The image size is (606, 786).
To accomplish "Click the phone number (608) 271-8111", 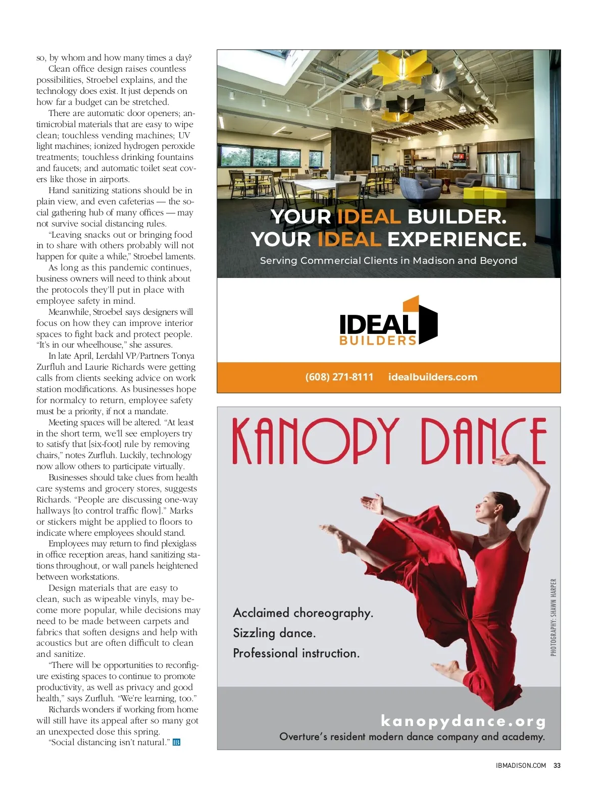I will click(339, 377).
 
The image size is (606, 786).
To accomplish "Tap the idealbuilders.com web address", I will click(432, 377).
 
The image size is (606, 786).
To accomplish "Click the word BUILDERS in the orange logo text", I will click(378, 341).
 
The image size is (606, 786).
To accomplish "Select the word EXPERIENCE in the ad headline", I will click(457, 239).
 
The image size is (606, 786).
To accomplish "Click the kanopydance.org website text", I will click(463, 721).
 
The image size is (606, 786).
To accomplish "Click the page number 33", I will click(557, 765).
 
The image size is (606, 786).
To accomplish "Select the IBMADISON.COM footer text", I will click(521, 765).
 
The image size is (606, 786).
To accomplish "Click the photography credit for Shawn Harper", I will click(553, 617).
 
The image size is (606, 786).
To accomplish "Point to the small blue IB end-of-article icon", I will click(176, 742).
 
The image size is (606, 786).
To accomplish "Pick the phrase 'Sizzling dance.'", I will click(274, 633).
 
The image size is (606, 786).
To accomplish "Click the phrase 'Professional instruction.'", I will click(296, 653).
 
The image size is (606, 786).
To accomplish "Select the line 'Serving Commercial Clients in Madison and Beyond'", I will click(388, 260).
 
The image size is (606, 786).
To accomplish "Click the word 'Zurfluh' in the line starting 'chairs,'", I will click(103, 455).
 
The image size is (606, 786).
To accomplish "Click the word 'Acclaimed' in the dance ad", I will click(261, 612).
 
